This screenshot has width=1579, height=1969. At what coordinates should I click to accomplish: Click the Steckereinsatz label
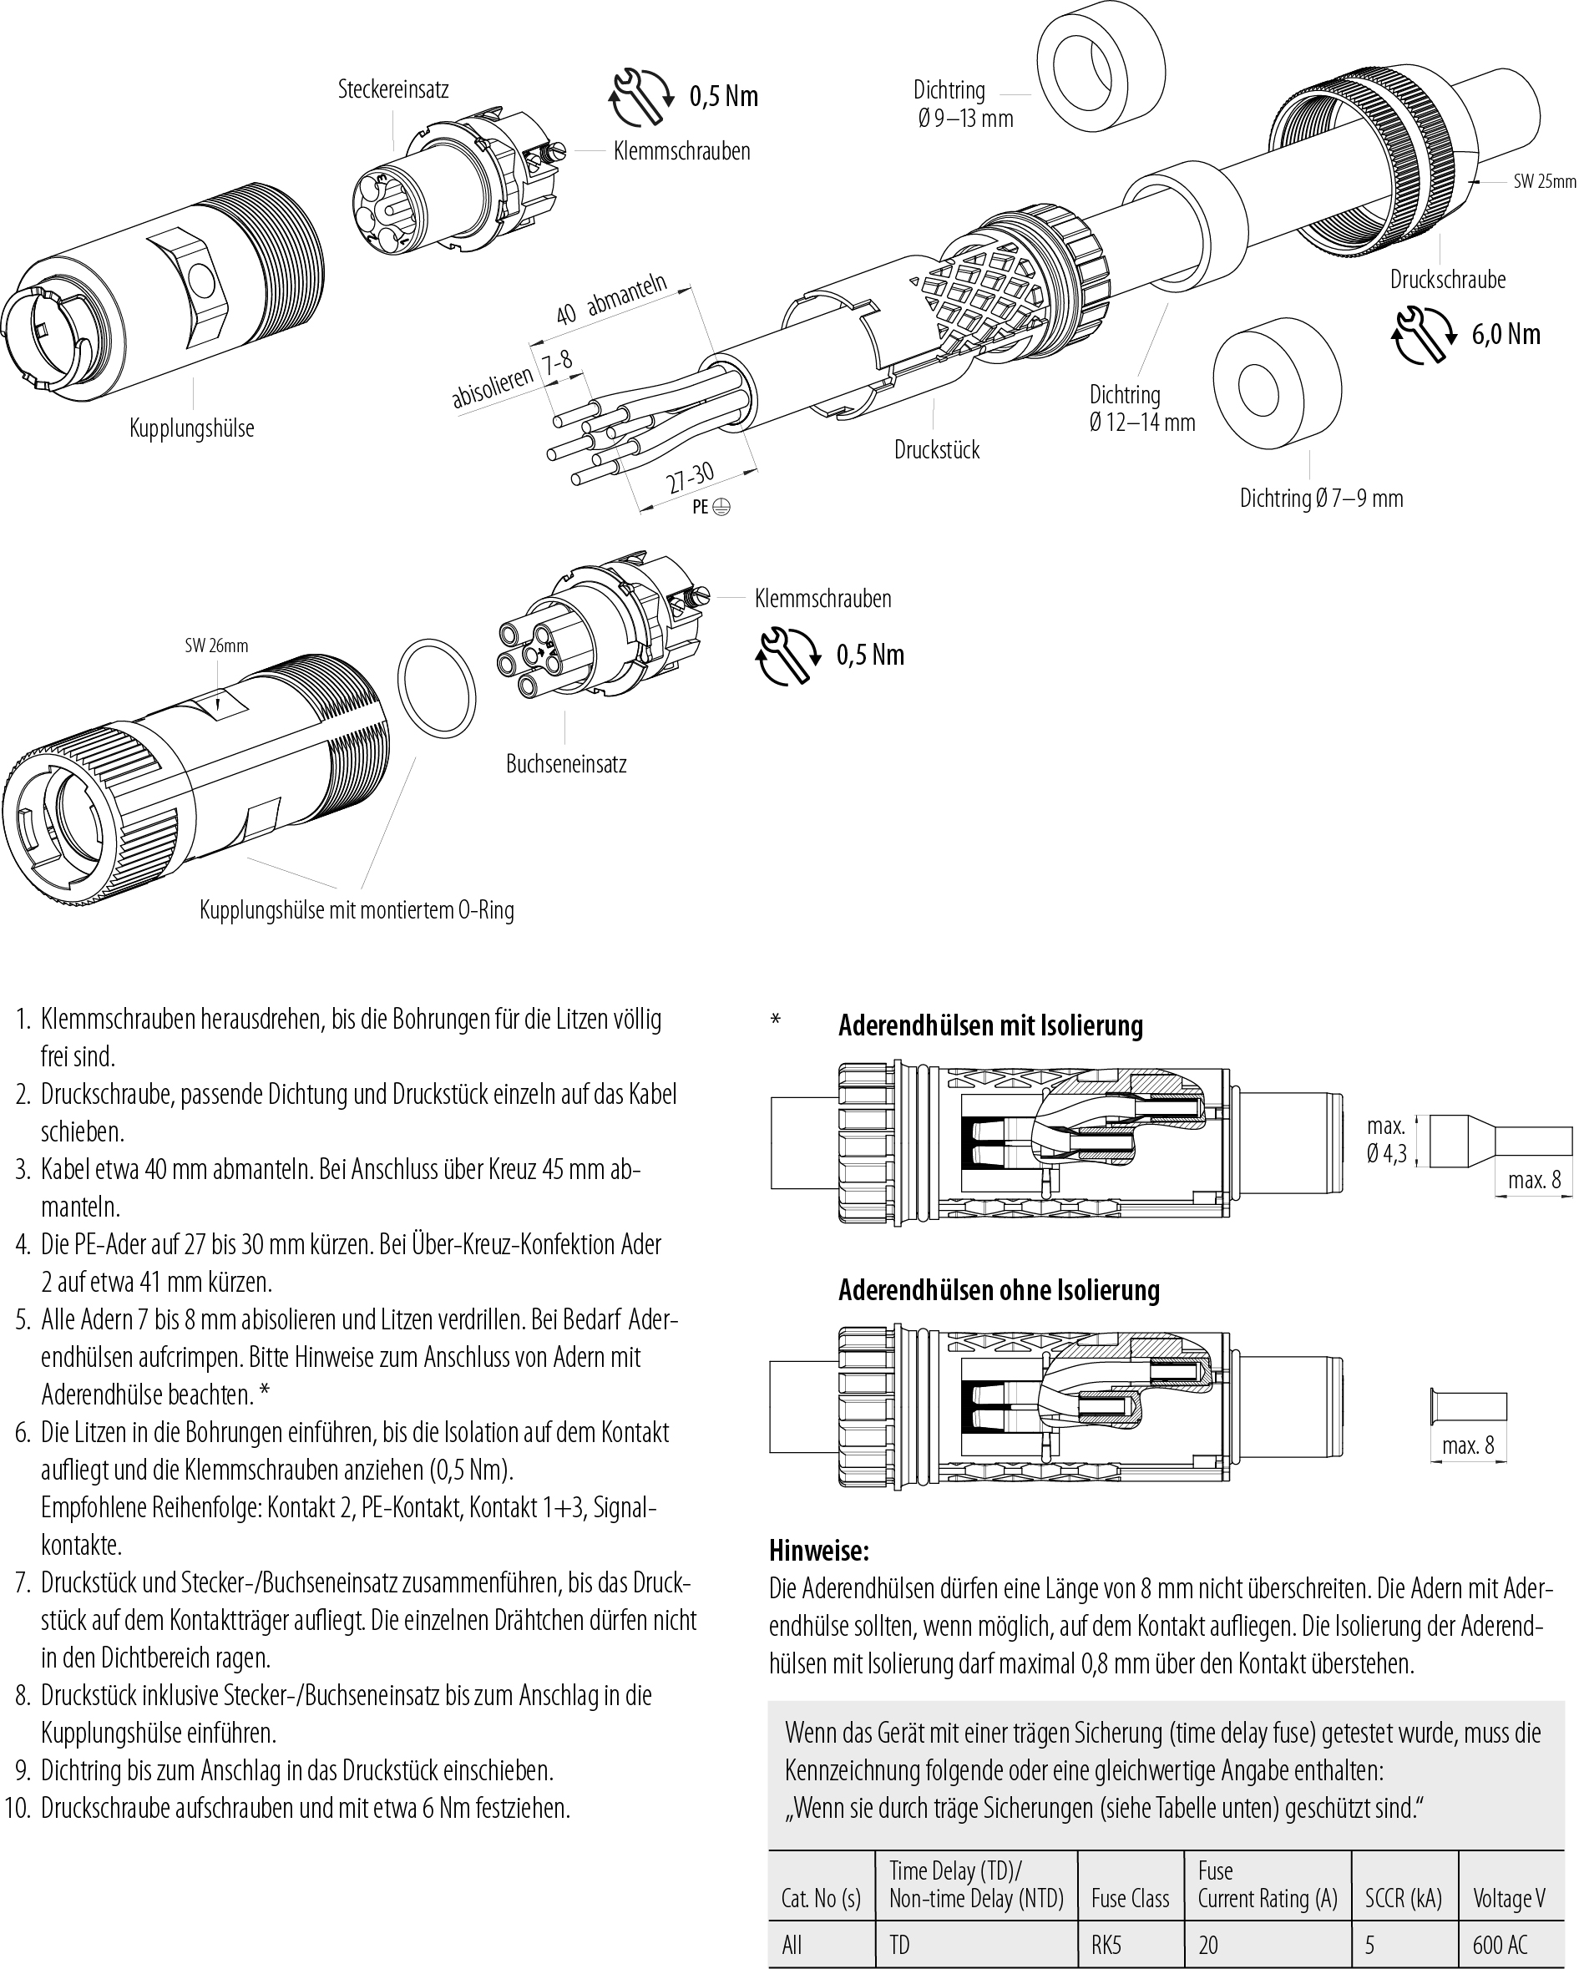click(392, 89)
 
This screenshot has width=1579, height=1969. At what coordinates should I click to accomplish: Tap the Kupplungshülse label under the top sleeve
click(192, 428)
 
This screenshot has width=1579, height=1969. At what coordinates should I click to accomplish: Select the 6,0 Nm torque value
click(1505, 334)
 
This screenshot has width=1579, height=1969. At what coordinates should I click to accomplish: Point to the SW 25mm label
click(1544, 182)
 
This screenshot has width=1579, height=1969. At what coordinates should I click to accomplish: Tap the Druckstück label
click(936, 449)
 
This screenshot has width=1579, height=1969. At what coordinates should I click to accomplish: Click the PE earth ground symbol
click(721, 507)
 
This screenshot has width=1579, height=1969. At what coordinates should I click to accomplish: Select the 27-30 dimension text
click(690, 478)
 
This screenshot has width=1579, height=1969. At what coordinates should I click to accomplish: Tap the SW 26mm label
click(216, 645)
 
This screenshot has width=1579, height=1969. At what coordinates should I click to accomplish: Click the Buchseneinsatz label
click(566, 763)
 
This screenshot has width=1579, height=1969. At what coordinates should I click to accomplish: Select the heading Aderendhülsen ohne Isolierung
click(1000, 1290)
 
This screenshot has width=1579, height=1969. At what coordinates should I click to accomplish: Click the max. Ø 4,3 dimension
click(1385, 1140)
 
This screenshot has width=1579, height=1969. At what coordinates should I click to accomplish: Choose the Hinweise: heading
click(818, 1550)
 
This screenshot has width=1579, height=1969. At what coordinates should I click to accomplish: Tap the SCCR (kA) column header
click(1403, 1899)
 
